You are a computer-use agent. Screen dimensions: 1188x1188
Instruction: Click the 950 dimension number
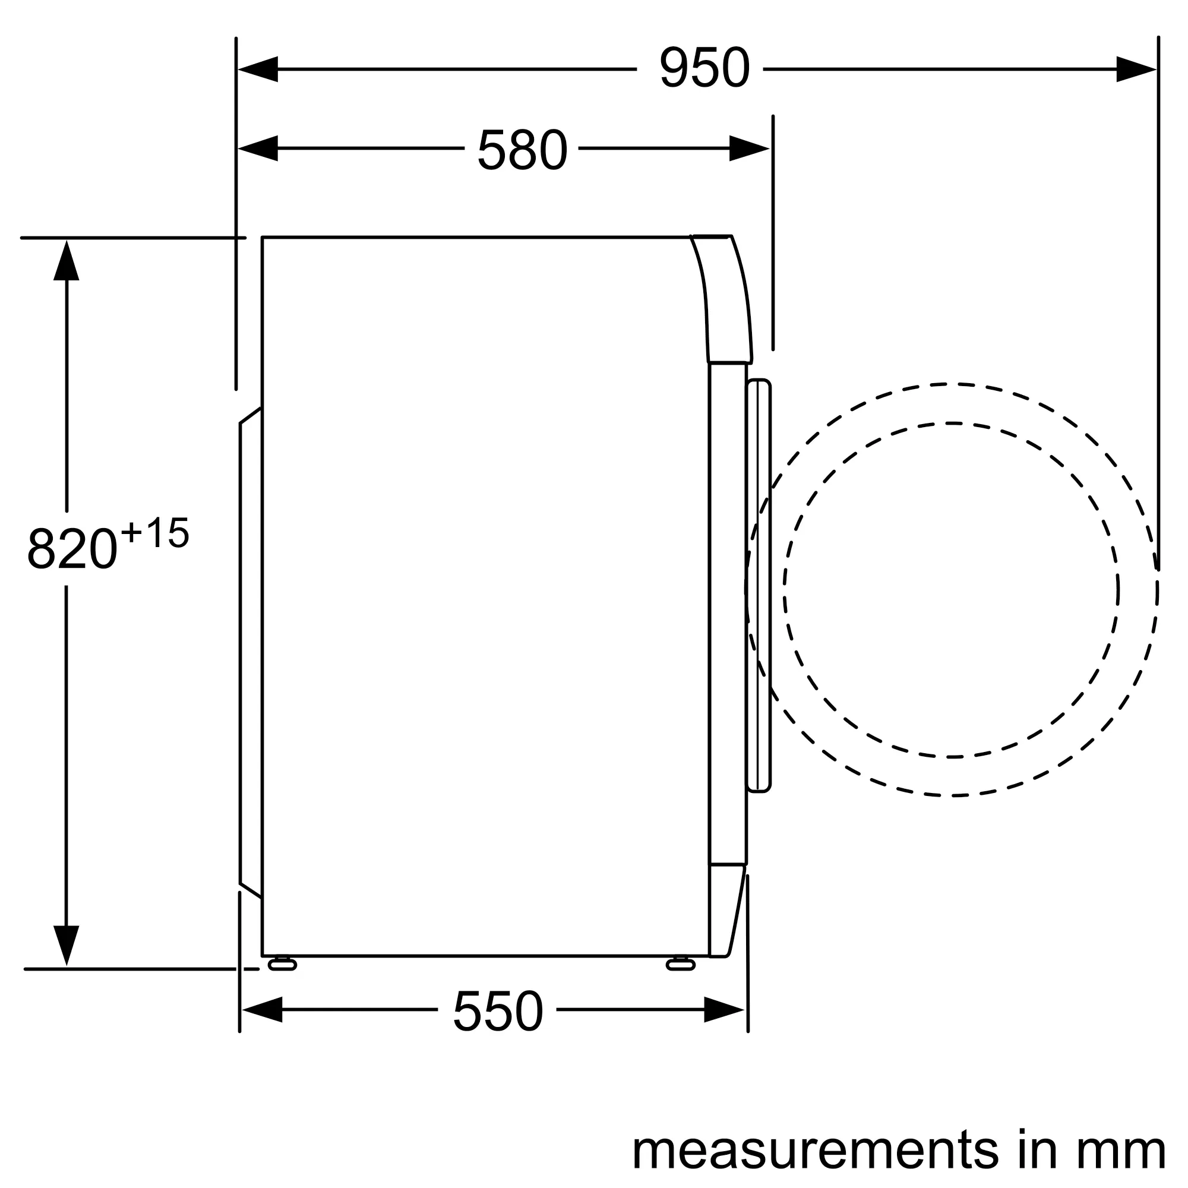[x=704, y=68]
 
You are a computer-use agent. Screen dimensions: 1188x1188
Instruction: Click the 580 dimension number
[x=523, y=149]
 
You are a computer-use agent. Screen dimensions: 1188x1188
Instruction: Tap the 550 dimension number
[x=498, y=1010]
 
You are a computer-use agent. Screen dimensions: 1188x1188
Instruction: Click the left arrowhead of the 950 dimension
[x=258, y=69]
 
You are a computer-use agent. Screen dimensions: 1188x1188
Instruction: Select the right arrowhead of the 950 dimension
[x=1136, y=69]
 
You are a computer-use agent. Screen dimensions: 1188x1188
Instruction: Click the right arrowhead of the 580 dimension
[x=750, y=148]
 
